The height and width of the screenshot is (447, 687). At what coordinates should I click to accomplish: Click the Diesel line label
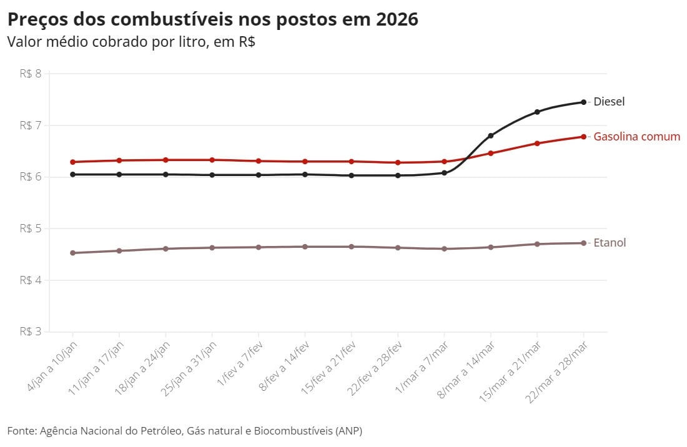click(x=608, y=102)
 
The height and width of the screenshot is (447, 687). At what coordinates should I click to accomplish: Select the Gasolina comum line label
click(x=636, y=136)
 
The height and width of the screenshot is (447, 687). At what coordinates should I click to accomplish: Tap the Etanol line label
click(x=609, y=243)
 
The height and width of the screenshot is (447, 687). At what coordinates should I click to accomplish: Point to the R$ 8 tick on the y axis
click(x=30, y=74)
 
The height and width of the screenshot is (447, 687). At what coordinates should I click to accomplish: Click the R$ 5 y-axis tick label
click(x=30, y=228)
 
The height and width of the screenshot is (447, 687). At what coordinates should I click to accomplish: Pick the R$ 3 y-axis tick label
click(x=30, y=332)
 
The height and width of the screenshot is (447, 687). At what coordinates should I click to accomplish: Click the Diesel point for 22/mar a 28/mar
click(x=583, y=102)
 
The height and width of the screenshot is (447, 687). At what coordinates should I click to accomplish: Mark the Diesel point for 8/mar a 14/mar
click(x=491, y=135)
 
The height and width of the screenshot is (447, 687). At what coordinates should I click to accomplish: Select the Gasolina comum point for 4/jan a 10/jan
click(x=73, y=162)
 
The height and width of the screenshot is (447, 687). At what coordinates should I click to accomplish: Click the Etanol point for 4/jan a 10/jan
click(x=73, y=253)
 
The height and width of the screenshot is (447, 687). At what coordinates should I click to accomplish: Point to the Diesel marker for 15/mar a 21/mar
click(x=537, y=112)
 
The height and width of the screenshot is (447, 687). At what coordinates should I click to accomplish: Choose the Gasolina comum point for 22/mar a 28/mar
click(x=583, y=136)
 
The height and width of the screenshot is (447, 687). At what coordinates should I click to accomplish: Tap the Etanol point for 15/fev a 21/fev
click(x=352, y=247)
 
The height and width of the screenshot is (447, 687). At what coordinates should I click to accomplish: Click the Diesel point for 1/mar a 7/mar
click(x=444, y=172)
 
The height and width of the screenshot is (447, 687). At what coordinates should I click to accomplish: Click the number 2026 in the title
click(x=397, y=19)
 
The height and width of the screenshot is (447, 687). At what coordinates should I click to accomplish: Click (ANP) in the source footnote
click(x=347, y=431)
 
